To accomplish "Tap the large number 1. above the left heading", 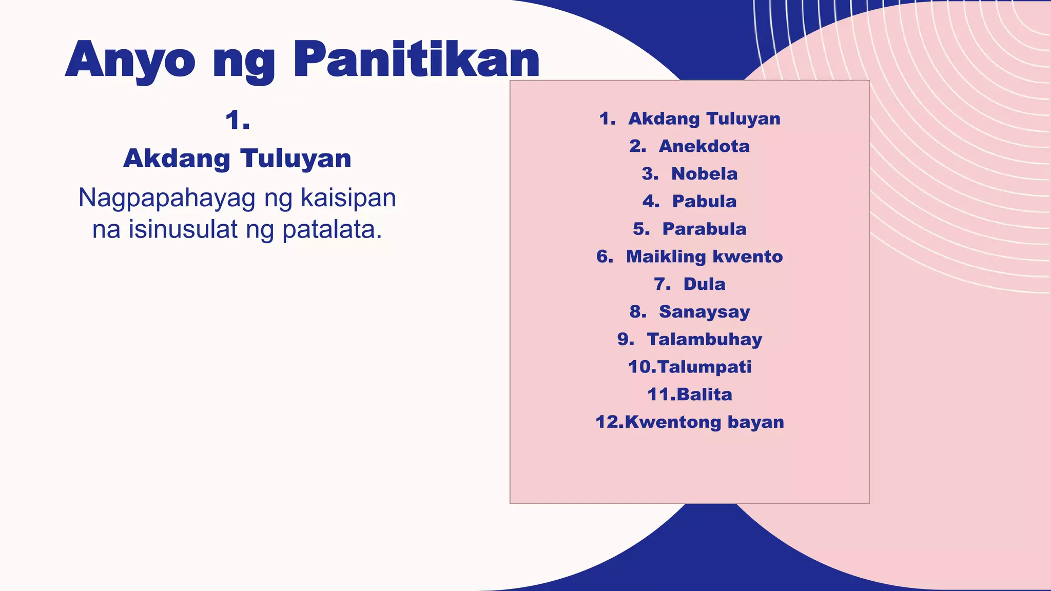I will [238, 121].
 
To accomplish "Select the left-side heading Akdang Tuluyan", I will [237, 158].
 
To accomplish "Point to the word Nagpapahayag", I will [167, 199].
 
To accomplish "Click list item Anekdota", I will [704, 146].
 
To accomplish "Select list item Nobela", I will [704, 174].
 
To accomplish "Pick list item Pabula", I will [704, 202].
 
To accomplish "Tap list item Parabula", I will [704, 229].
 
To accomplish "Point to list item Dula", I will [704, 284].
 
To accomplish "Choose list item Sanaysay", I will [704, 312].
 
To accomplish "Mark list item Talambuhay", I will [704, 340].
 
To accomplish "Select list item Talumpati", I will [704, 367].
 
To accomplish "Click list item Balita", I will [704, 395].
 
